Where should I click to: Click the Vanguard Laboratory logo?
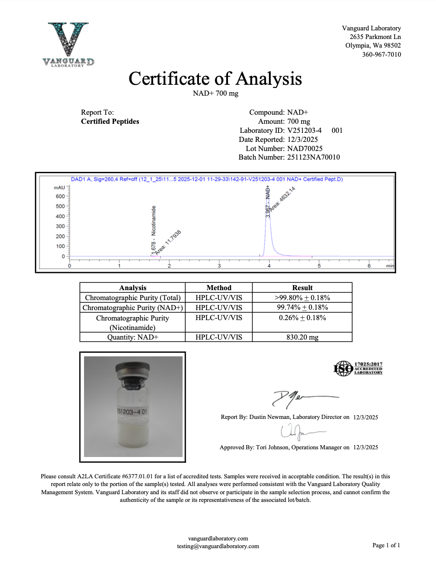tap(68, 44)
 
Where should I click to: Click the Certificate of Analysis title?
tap(215, 78)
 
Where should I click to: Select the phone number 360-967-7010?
tap(381, 54)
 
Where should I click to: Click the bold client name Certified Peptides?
tap(110, 122)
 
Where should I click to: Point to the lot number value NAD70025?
tap(305, 148)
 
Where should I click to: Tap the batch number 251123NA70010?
tap(313, 157)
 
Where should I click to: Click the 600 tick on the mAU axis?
tap(60, 196)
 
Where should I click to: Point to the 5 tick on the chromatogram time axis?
tap(319, 266)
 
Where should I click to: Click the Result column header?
tap(302, 287)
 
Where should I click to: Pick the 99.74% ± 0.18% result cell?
tap(302, 307)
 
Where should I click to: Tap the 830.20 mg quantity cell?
tap(302, 337)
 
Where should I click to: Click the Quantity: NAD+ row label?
tap(133, 337)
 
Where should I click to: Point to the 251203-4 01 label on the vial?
tap(132, 412)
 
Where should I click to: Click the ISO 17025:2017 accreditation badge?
tap(358, 368)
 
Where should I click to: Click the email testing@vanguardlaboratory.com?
tap(218, 546)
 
